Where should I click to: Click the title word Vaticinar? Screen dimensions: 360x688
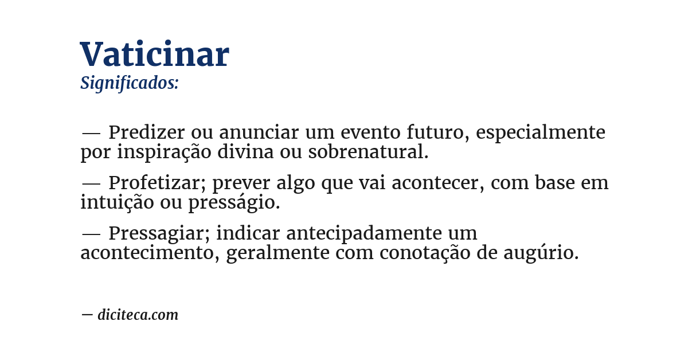pos(154,54)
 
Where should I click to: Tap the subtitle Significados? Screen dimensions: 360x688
pos(130,83)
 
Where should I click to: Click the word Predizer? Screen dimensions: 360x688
pos(146,132)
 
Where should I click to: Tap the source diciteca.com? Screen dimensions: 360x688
pos(138,315)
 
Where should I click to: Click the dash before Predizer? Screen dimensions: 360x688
pos(91,133)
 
